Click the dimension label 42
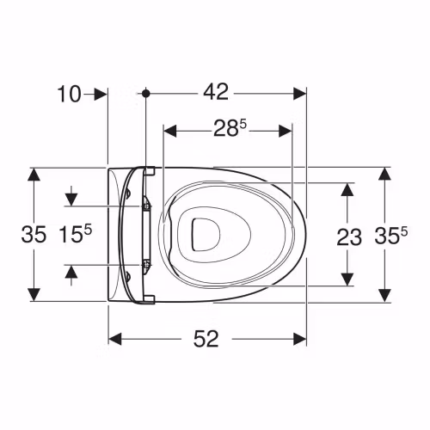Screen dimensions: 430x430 pos(216,92)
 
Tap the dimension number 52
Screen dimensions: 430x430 pos(206,339)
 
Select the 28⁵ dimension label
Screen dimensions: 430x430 pos(230,129)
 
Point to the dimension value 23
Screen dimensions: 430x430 pos(349,237)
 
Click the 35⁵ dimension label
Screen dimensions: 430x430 pos(390,236)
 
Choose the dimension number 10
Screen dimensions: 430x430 pos(70,95)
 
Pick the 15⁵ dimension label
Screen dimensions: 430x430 pos(75,234)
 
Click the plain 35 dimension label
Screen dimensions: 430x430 pos(34,234)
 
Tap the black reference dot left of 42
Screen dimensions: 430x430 pos(146,93)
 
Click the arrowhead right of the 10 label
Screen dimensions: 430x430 pos(101,94)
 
